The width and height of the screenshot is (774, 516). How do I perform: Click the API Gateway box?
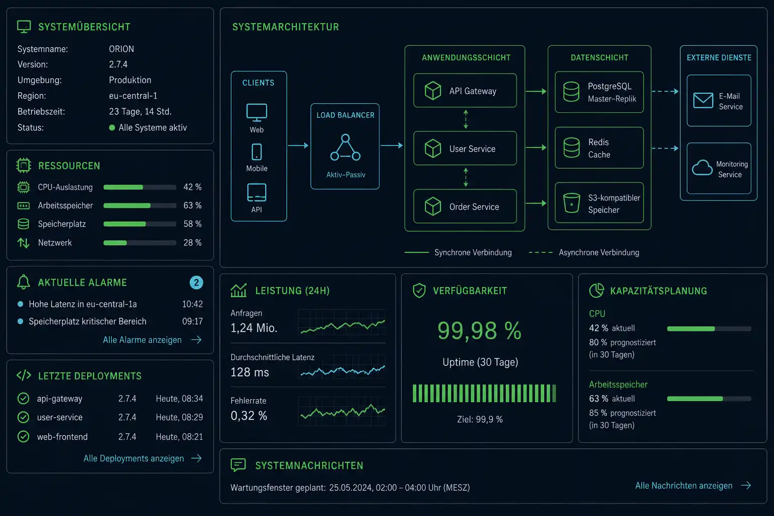click(465, 91)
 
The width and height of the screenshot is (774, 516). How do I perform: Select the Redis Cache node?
click(599, 148)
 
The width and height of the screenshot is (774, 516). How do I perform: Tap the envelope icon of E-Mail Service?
click(703, 101)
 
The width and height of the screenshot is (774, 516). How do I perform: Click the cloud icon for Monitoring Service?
click(702, 168)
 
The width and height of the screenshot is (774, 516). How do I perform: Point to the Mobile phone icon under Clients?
click(256, 152)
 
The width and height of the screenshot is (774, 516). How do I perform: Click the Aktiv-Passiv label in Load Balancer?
click(346, 175)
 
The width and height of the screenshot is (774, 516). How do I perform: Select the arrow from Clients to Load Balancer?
click(298, 146)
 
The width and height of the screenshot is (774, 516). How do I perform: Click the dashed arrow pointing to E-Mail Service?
click(665, 91)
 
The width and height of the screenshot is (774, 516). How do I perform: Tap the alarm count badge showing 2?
click(196, 283)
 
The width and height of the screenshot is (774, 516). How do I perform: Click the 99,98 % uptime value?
click(479, 331)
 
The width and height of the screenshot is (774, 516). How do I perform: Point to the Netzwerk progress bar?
click(140, 243)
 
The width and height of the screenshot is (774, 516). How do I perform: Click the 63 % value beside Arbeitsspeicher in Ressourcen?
click(192, 206)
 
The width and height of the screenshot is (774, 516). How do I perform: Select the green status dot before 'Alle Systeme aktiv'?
click(112, 127)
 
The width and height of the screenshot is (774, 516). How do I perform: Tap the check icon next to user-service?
click(23, 418)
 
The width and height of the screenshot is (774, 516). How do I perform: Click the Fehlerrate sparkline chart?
click(342, 411)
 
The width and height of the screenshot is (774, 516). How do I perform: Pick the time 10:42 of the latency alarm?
click(192, 304)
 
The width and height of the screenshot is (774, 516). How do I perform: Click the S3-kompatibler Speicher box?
click(599, 203)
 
